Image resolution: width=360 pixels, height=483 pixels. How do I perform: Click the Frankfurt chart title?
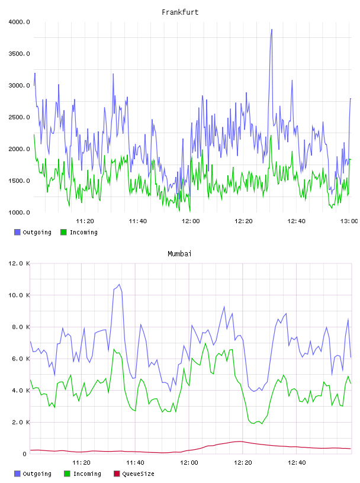pos(180,12)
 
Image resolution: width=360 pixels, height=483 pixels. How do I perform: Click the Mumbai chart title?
pos(179,254)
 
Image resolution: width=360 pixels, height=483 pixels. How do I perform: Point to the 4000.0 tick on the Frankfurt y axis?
pos(19,22)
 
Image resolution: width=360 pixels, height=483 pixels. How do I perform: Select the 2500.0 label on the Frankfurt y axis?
pos(19,117)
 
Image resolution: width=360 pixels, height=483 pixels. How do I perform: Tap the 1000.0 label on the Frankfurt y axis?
pos(19,212)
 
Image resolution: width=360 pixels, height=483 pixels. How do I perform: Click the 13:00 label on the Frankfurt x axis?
pos(349,221)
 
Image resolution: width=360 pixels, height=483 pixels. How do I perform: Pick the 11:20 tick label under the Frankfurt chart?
pos(85,221)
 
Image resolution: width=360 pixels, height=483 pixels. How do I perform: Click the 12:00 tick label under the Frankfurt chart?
pos(191,221)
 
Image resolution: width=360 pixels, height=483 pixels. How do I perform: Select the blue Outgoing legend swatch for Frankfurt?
pos(17,232)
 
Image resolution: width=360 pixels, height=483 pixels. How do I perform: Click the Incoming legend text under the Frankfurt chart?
pos(84,232)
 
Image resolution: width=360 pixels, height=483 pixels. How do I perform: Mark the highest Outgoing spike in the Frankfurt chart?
pos(272,30)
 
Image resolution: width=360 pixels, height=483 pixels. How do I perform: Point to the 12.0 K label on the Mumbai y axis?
pos(19,263)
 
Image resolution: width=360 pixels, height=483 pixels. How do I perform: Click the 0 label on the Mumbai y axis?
pos(25,454)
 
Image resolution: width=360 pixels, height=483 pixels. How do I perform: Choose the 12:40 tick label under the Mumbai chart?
pos(297,463)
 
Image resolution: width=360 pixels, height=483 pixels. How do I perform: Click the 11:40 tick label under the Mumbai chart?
pos(136,463)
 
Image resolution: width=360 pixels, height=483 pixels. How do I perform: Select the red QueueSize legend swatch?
pos(117,474)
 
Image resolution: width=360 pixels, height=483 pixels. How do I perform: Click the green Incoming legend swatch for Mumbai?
pos(67,474)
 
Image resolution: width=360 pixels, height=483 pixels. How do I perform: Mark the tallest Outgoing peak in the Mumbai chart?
pos(119,284)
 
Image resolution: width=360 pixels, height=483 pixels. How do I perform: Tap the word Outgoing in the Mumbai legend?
pos(37,474)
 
